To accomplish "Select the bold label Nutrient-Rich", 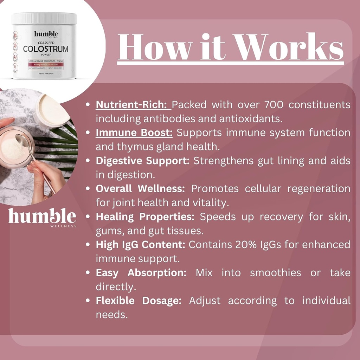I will tap(133, 105).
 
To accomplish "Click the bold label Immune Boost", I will tap(134, 133).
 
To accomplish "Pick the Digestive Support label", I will tap(143, 161).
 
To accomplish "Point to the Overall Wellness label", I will tap(140, 189).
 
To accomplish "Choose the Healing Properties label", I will tap(145, 217).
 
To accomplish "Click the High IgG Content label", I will tap(141, 245).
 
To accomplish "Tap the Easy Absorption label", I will tap(141, 273).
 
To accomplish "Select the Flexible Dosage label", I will tap(139, 301).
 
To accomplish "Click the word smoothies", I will tap(275, 273).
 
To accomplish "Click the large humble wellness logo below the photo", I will tap(42, 217).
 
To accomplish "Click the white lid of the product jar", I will tap(44, 18).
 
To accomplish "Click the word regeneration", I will tap(319, 189).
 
